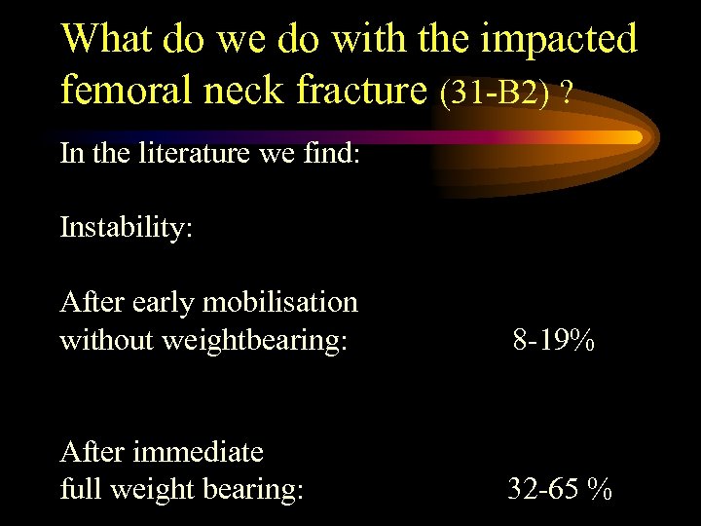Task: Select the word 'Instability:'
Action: coord(127,228)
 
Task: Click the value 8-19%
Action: coord(555,341)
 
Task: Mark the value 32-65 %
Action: coord(560,490)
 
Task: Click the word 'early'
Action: coord(166,303)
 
